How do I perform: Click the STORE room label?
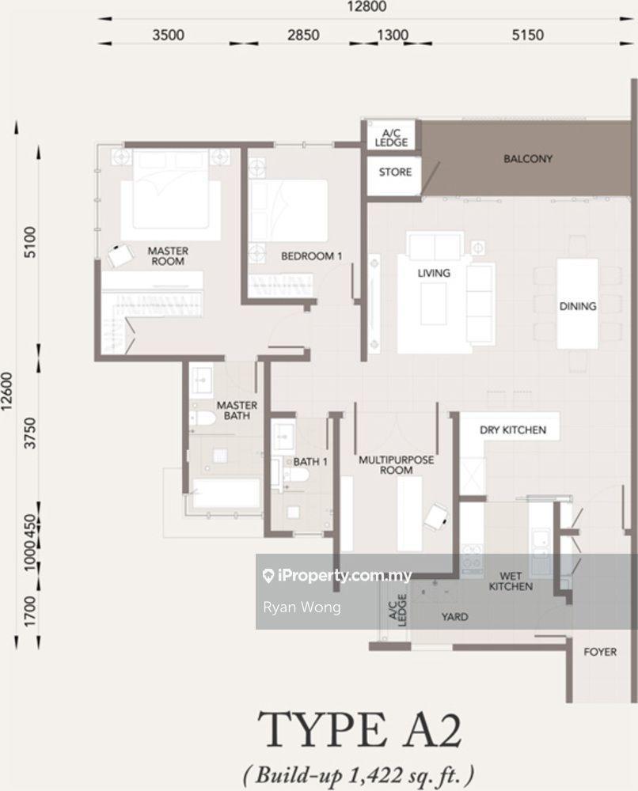pos(395,172)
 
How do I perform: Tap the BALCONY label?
pos(527,159)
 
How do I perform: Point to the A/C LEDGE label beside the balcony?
pos(391,138)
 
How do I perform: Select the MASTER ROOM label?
pos(168,255)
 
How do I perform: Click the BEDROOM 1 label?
pos(311,256)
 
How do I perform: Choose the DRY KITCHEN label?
pos(512,430)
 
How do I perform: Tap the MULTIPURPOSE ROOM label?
pos(397,465)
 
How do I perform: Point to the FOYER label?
pos(600,652)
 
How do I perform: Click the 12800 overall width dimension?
pos(366,6)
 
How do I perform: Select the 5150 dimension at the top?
pos(527,35)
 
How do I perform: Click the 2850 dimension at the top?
pos(303,35)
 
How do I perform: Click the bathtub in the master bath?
pos(226,494)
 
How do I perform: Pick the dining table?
pos(577,305)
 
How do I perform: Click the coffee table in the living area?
pos(434,304)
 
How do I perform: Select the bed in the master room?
pos(171,195)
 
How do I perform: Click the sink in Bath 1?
pos(283,435)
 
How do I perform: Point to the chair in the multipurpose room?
pos(436,517)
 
